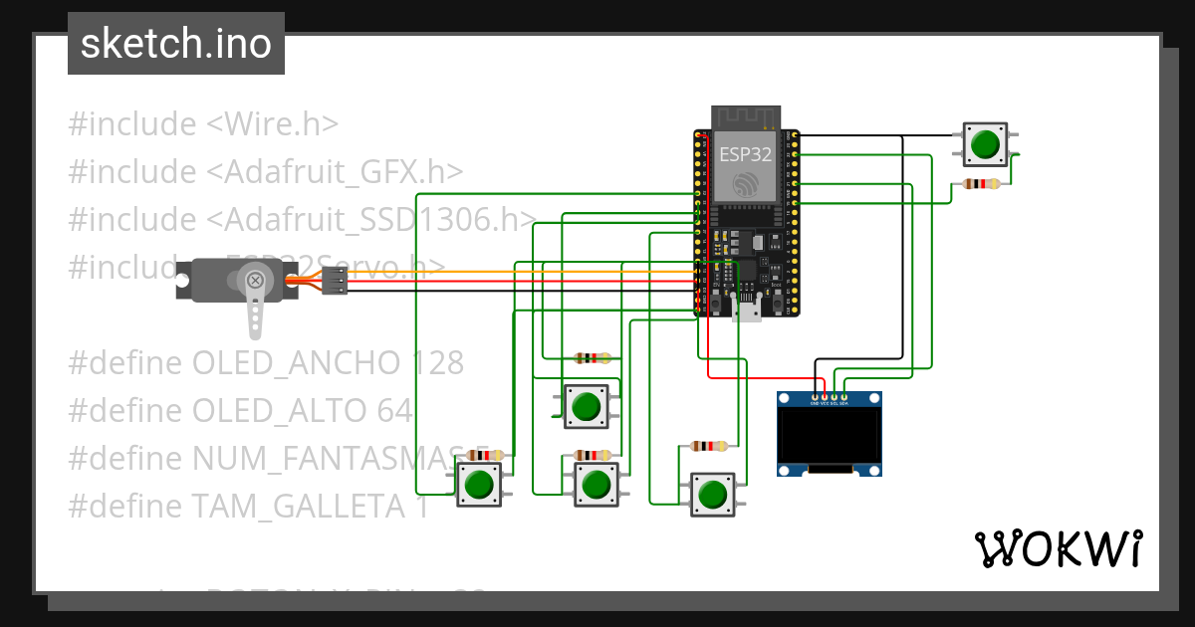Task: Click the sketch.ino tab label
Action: [175, 44]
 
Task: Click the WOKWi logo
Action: [1058, 548]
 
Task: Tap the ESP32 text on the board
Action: [745, 154]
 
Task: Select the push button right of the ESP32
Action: [985, 143]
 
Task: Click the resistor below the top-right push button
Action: [984, 183]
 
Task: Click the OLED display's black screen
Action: [829, 438]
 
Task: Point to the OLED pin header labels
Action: [829, 403]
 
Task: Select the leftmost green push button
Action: [479, 484]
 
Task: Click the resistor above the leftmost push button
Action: [483, 455]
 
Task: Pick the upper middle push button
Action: [586, 406]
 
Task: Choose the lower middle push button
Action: [596, 484]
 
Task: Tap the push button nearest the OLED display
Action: [713, 494]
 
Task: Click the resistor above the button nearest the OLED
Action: [708, 447]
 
